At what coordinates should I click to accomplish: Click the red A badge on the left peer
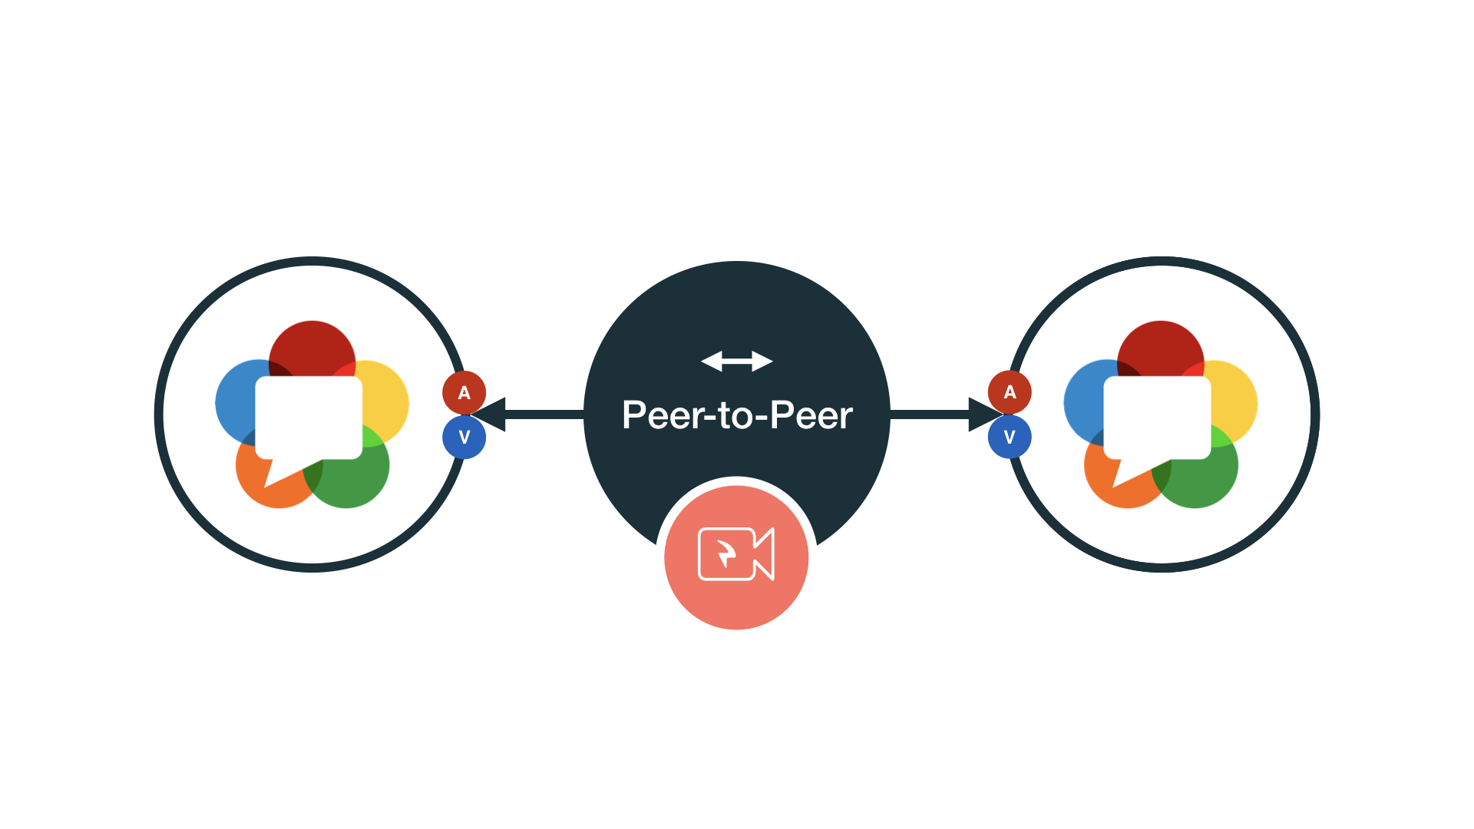pyautogui.click(x=464, y=392)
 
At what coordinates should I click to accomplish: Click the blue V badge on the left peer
pyautogui.click(x=464, y=437)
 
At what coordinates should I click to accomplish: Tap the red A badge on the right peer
pyautogui.click(x=1010, y=392)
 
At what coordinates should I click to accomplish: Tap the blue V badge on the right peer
pyautogui.click(x=1010, y=437)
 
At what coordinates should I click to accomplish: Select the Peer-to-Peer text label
pyautogui.click(x=737, y=415)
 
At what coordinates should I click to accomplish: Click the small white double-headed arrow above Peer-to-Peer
pyautogui.click(x=737, y=361)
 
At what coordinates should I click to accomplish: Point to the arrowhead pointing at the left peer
pyautogui.click(x=490, y=414)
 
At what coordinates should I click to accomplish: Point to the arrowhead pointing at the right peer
pyautogui.click(x=984, y=414)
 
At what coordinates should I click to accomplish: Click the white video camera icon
pyautogui.click(x=736, y=553)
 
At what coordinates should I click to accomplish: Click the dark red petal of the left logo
pyautogui.click(x=312, y=345)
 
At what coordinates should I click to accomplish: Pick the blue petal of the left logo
pyautogui.click(x=234, y=403)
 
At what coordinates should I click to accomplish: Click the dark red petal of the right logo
pyautogui.click(x=1160, y=345)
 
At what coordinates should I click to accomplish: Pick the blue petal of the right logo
pyautogui.click(x=1082, y=403)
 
